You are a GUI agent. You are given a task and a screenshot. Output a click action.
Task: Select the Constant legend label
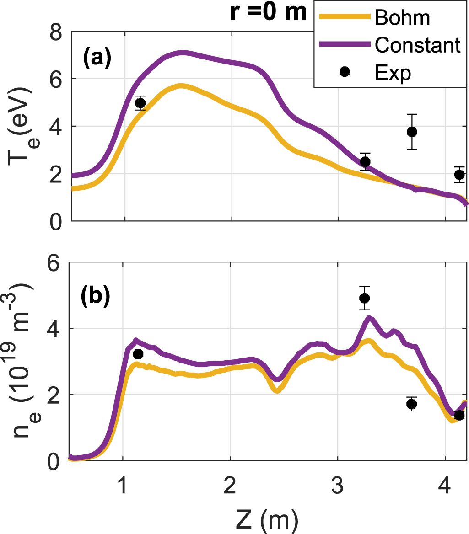pos(417,45)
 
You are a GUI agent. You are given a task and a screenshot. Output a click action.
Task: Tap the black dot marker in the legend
pos(345,71)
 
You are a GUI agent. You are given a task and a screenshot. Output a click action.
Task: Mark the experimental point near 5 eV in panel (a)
pos(140,103)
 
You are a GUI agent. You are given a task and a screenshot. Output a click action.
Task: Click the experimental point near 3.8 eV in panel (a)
pos(412,132)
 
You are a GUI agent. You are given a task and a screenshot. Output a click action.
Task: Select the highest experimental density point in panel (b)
pos(364,298)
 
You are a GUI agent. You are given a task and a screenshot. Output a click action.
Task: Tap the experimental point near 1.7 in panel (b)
pos(411,404)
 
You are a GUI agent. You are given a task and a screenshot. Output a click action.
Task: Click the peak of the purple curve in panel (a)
pos(183,52)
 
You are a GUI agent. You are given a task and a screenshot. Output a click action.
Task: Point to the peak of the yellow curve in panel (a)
pos(181,85)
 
